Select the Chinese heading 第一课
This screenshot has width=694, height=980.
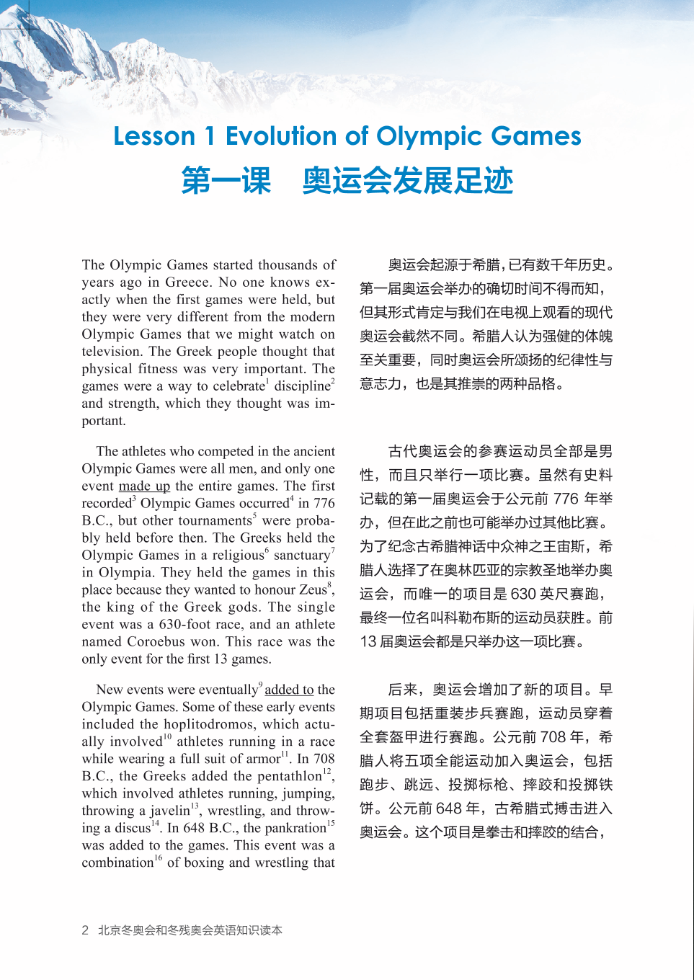(x=226, y=180)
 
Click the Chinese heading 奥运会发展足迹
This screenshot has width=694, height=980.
(x=407, y=180)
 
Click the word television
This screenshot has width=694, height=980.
(x=111, y=352)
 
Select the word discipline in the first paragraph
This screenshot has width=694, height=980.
(x=301, y=386)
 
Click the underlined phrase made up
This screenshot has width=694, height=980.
(x=144, y=486)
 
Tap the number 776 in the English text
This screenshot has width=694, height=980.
(x=324, y=504)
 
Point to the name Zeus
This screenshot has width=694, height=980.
(x=313, y=590)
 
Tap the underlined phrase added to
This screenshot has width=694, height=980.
(x=289, y=690)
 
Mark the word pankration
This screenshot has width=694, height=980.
(x=295, y=829)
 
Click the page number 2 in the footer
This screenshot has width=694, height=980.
(x=85, y=930)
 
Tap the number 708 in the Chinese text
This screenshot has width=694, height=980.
(x=553, y=737)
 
